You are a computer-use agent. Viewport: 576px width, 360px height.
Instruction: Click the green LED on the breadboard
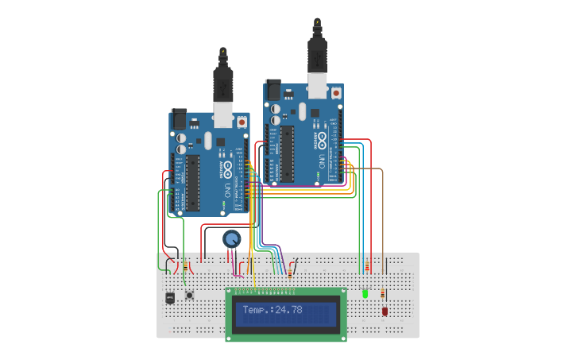pyautogui.click(x=365, y=293)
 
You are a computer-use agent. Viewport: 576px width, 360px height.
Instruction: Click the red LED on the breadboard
pyautogui.click(x=385, y=312)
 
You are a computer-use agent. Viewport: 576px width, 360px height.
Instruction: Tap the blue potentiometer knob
pyautogui.click(x=231, y=238)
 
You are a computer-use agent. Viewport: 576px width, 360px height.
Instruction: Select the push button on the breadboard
pyautogui.click(x=190, y=296)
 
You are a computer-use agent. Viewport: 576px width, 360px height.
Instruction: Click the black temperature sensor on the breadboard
pyautogui.click(x=170, y=299)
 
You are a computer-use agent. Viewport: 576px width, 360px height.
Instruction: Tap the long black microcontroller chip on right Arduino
pyautogui.click(x=288, y=151)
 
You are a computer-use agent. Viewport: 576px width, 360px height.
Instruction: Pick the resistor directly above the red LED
pyautogui.click(x=385, y=294)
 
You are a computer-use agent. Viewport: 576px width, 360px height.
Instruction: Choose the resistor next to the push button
pyautogui.click(x=186, y=267)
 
